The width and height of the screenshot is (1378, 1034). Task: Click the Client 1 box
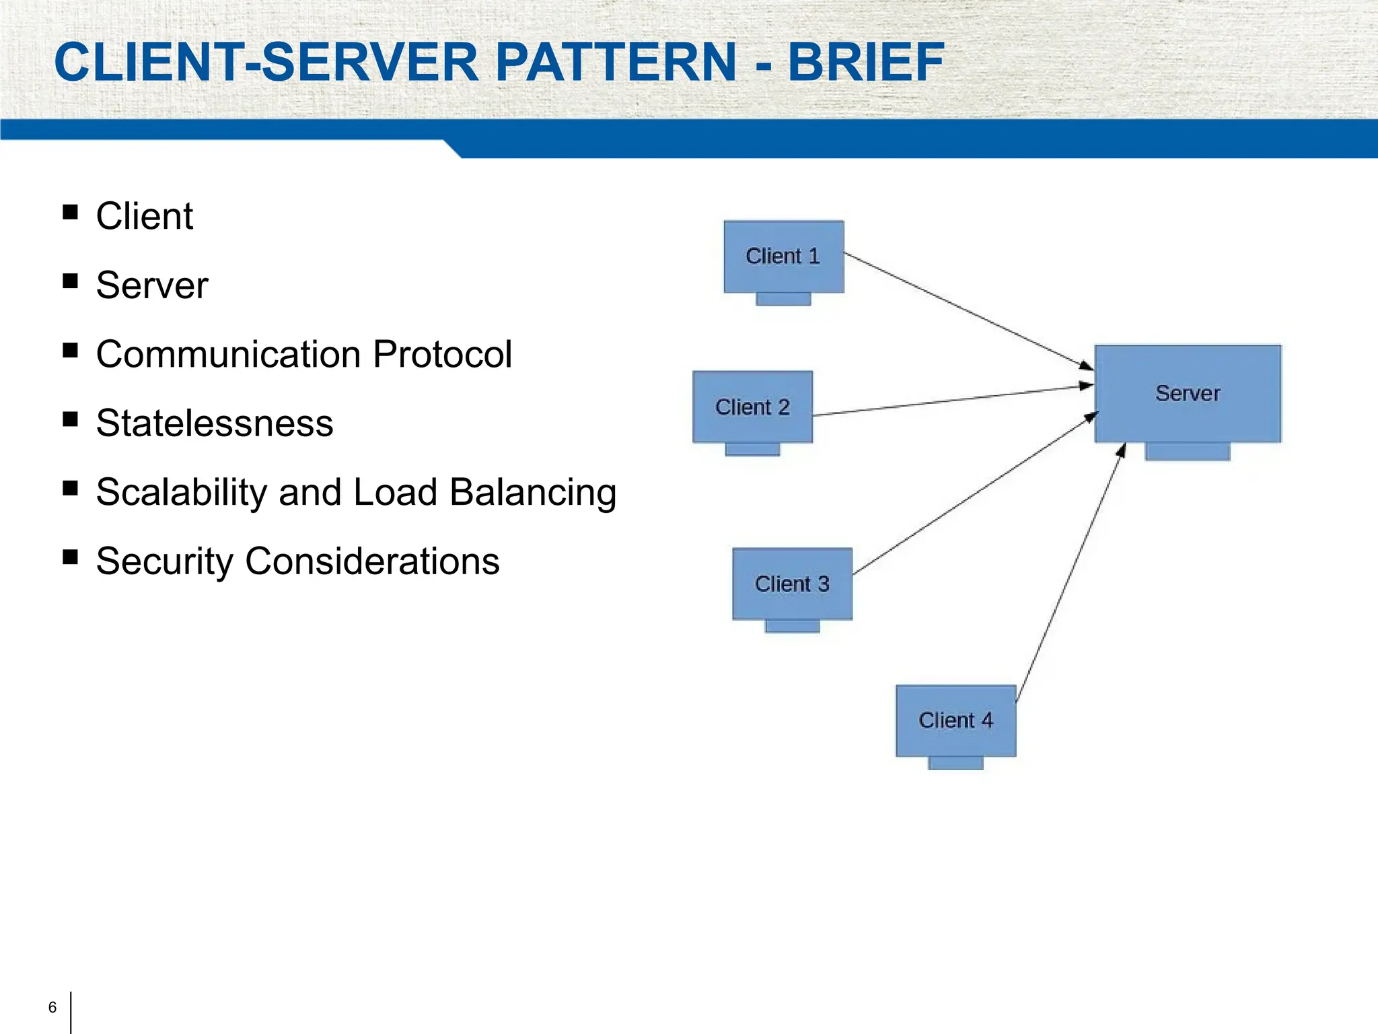(x=783, y=256)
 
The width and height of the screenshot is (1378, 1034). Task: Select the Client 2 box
(x=752, y=407)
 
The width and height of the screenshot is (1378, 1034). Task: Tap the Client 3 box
(x=792, y=584)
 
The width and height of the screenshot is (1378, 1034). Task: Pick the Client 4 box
(x=955, y=720)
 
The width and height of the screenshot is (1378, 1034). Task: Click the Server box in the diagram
(x=1188, y=393)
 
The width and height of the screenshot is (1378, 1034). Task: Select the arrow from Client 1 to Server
(x=969, y=311)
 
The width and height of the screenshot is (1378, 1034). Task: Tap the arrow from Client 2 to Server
(x=952, y=401)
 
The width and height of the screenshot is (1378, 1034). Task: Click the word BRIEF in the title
(x=866, y=62)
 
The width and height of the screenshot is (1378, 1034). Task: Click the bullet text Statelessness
(x=215, y=423)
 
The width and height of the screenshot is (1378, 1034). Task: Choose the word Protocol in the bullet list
(x=442, y=354)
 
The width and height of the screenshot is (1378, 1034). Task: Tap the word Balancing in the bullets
(x=533, y=492)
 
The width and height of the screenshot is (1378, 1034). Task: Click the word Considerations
(x=372, y=561)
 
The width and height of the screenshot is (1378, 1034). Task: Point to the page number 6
(x=52, y=1007)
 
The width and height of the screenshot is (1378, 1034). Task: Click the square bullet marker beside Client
(x=70, y=213)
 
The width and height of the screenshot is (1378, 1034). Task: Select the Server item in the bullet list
(x=152, y=285)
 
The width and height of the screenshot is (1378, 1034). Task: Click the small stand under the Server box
(x=1188, y=451)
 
